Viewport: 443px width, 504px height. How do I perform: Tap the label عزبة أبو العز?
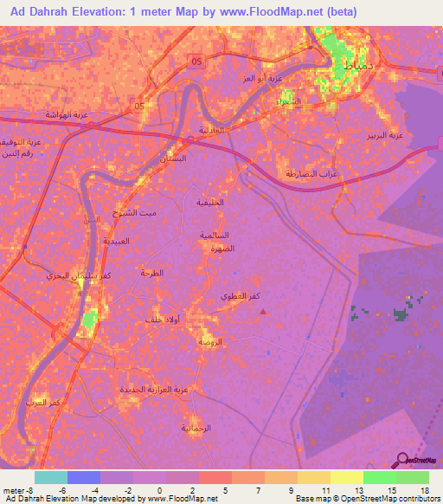(265, 79)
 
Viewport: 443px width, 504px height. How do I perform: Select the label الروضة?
(211, 342)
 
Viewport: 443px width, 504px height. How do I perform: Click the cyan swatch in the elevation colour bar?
(50, 477)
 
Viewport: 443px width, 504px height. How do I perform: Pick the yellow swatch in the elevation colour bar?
(346, 477)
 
